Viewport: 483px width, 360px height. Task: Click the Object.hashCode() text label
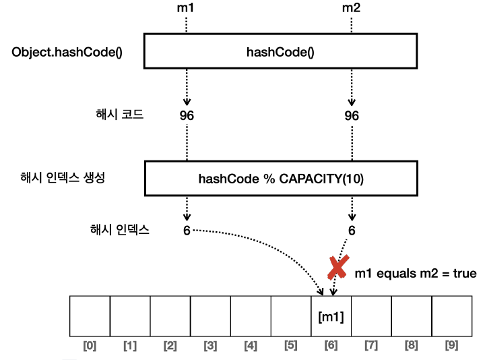tap(67, 52)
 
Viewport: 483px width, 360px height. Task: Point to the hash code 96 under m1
tap(187, 115)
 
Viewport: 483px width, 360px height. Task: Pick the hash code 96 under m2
tap(352, 115)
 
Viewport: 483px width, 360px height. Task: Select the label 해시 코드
tap(120, 113)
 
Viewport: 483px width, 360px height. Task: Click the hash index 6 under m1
tap(187, 230)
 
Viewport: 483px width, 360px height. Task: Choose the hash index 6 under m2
tap(352, 230)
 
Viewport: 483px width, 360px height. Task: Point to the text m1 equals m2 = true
tap(416, 273)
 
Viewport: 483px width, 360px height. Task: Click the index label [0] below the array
tap(90, 346)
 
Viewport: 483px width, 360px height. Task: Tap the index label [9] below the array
tap(451, 346)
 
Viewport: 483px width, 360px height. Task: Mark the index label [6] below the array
tap(331, 346)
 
